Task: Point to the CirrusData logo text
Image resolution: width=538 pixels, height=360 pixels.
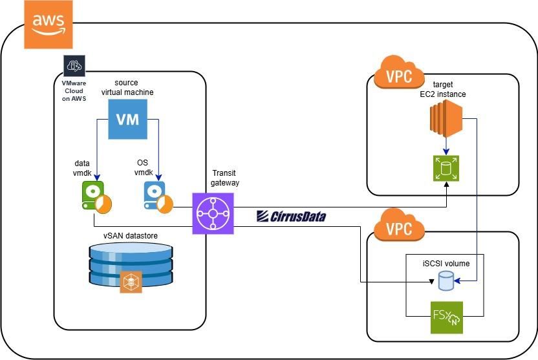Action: click(x=290, y=216)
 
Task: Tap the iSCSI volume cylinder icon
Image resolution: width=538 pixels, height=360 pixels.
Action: click(x=445, y=281)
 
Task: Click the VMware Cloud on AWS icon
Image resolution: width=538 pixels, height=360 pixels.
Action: click(x=74, y=67)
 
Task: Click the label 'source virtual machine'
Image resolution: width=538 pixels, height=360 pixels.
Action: click(x=127, y=87)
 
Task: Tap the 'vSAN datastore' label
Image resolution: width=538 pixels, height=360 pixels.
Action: click(x=130, y=235)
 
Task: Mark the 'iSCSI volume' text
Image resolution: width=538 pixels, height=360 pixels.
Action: click(x=446, y=264)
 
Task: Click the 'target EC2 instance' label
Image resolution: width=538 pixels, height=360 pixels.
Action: click(x=443, y=89)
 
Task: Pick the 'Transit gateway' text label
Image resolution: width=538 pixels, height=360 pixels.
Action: click(x=225, y=178)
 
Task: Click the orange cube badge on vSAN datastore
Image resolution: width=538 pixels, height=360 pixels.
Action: click(x=131, y=282)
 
